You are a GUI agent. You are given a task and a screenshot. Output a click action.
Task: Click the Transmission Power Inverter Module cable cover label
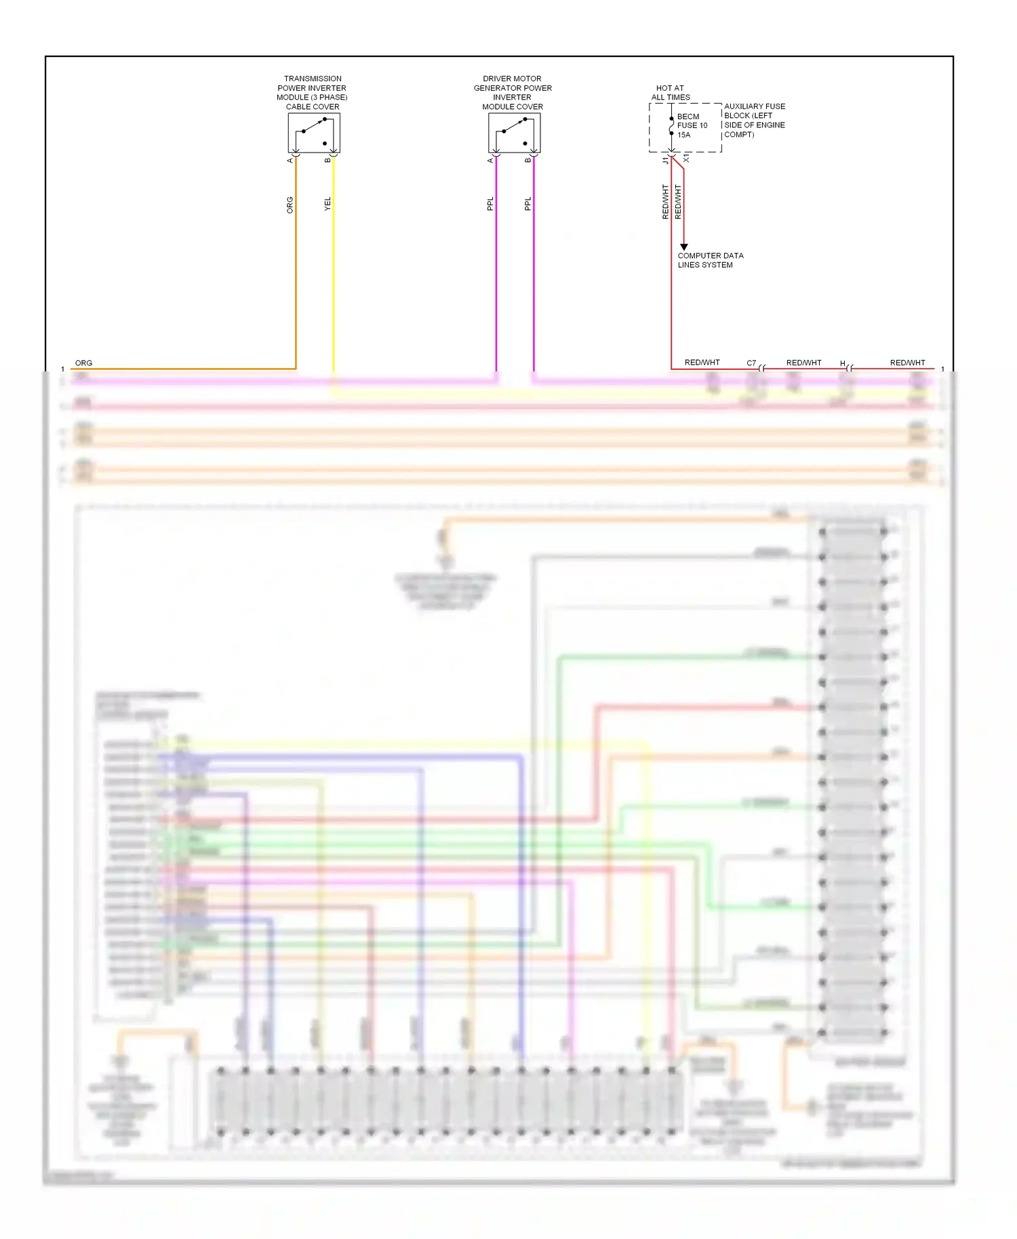[312, 93]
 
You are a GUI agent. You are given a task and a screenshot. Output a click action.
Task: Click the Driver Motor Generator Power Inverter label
[513, 93]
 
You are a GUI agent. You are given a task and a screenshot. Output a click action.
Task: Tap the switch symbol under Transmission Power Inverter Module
[314, 133]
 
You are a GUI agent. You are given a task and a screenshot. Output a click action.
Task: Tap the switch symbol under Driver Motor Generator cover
[514, 133]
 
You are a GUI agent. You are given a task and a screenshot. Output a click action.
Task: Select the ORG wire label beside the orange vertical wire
[290, 205]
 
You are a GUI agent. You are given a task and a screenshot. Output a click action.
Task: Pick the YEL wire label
[327, 203]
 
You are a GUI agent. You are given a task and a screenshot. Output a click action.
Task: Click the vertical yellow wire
[333, 271]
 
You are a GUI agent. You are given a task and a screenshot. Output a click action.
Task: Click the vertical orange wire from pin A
[296, 271]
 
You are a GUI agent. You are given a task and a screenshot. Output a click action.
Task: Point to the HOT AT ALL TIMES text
[671, 93]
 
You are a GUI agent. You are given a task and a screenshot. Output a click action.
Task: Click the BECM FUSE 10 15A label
[692, 125]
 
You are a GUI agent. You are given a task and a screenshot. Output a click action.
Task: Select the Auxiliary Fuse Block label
[754, 121]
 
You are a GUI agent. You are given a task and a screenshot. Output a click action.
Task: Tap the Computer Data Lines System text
[710, 260]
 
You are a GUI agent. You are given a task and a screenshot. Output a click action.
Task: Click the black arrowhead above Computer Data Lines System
[684, 247]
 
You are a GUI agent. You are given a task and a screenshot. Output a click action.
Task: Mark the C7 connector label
[751, 363]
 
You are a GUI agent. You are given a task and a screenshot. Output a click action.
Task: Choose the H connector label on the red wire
[843, 364]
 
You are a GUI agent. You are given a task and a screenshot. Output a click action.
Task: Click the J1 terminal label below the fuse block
[666, 161]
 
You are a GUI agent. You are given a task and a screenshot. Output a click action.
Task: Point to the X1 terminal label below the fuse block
[686, 158]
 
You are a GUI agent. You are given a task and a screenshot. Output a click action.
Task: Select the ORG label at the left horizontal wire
[83, 363]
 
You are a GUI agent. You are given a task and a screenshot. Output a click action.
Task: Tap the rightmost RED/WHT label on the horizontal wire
[907, 363]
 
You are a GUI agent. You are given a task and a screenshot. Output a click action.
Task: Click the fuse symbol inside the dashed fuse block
[672, 126]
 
